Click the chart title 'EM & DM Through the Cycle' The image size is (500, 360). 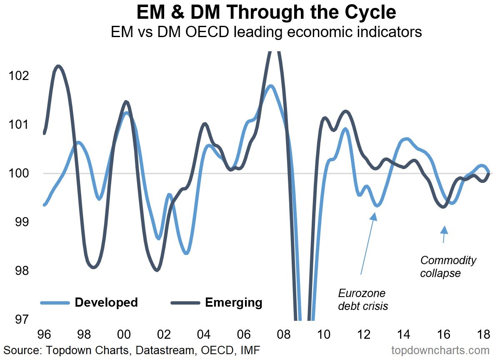[266, 13]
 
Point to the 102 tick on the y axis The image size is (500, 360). [19, 76]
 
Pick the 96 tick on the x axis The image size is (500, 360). [44, 335]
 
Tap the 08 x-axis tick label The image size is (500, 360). [284, 335]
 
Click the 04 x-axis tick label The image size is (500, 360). [204, 335]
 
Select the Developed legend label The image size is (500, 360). [106, 302]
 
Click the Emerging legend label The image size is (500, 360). [234, 302]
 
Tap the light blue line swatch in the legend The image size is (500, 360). [55, 302]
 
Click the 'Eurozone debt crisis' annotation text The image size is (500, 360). [362, 299]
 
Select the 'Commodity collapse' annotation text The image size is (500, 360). [448, 267]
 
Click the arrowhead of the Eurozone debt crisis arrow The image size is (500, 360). [374, 216]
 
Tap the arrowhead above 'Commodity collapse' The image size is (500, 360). [445, 230]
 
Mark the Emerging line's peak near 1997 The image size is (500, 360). [58, 66]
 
